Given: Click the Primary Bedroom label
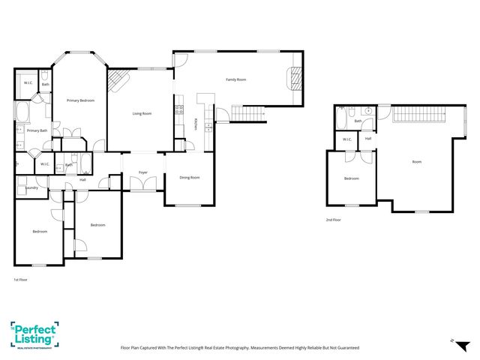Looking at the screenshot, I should (80, 100).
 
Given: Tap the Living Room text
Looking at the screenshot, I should (142, 113).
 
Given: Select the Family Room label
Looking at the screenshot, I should (236, 79).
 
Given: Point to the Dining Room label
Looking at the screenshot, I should (190, 178).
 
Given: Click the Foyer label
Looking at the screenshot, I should (142, 172).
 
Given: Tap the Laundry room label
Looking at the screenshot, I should (30, 187).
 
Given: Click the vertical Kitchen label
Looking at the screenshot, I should (196, 124).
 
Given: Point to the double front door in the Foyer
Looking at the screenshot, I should (142, 188).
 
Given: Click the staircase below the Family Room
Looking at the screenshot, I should (248, 113).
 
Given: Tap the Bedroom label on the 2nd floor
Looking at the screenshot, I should (351, 178).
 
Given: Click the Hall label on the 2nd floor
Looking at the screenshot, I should (368, 139).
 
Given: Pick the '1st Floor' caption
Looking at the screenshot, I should (21, 280).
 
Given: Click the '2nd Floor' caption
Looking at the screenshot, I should (333, 220).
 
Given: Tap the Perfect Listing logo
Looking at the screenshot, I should (34, 335).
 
